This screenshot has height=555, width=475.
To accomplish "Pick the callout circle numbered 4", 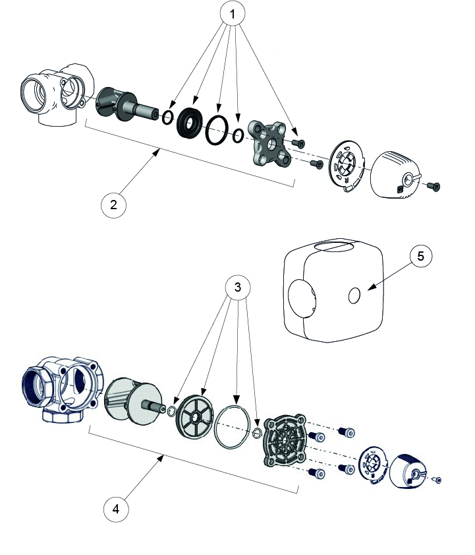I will pyautogui.click(x=117, y=509).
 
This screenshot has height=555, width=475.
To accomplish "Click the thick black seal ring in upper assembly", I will pyautogui.click(x=192, y=123).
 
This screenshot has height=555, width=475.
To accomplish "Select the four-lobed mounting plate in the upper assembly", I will pyautogui.click(x=268, y=144).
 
